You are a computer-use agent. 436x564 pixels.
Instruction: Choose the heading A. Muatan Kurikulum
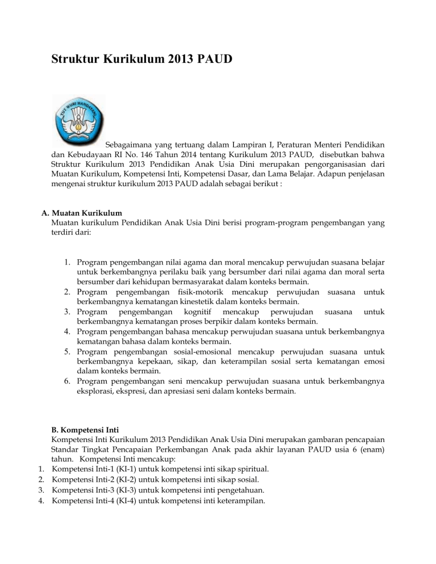pos(82,213)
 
